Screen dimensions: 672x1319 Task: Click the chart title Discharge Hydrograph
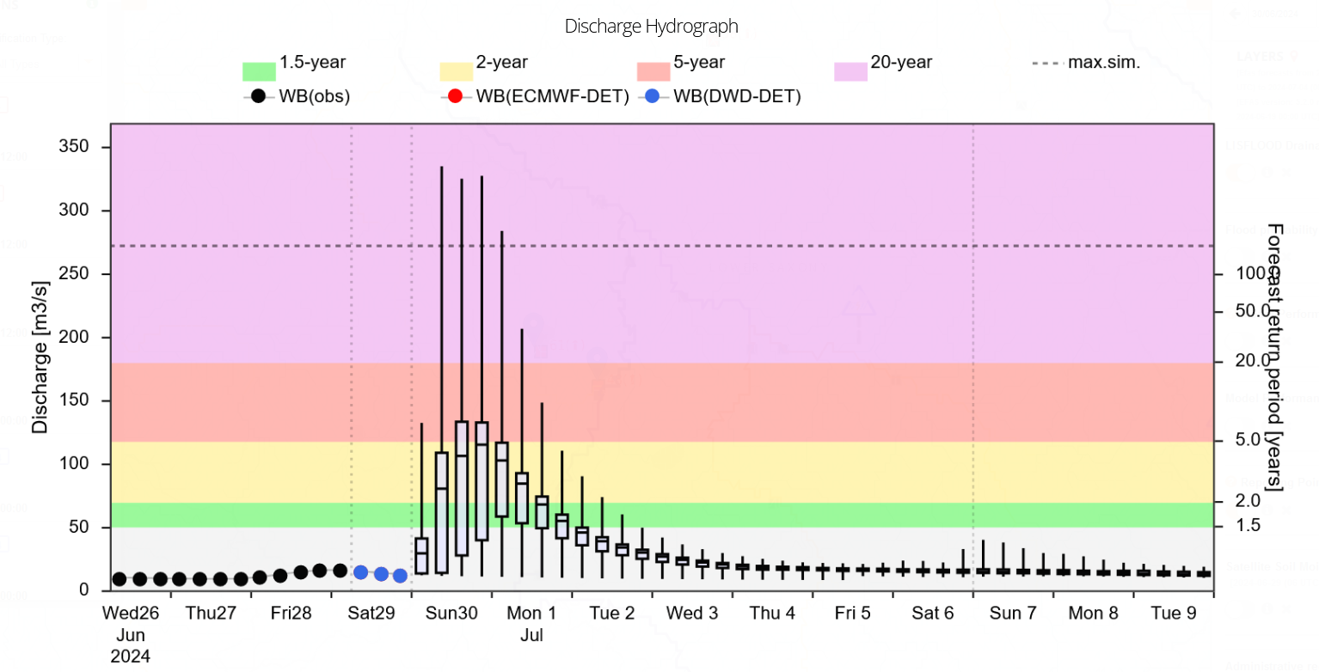click(x=651, y=27)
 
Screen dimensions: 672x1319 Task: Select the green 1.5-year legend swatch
click(x=259, y=71)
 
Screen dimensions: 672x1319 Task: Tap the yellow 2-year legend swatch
click(x=456, y=71)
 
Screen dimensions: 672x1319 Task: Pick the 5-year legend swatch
click(x=653, y=71)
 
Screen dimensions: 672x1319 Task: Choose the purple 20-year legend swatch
click(x=850, y=71)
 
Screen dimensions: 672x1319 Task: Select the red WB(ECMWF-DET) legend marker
click(x=456, y=97)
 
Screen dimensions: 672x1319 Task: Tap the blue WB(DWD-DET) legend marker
click(x=653, y=97)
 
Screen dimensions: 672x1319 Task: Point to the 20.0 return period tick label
click(x=1241, y=363)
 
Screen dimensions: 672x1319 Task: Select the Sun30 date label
click(x=451, y=614)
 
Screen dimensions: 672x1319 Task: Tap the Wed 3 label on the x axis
click(x=692, y=614)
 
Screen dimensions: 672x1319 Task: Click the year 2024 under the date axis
click(x=131, y=657)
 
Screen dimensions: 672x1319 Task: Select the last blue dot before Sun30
click(x=400, y=576)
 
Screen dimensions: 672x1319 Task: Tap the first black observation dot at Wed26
click(x=120, y=579)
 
